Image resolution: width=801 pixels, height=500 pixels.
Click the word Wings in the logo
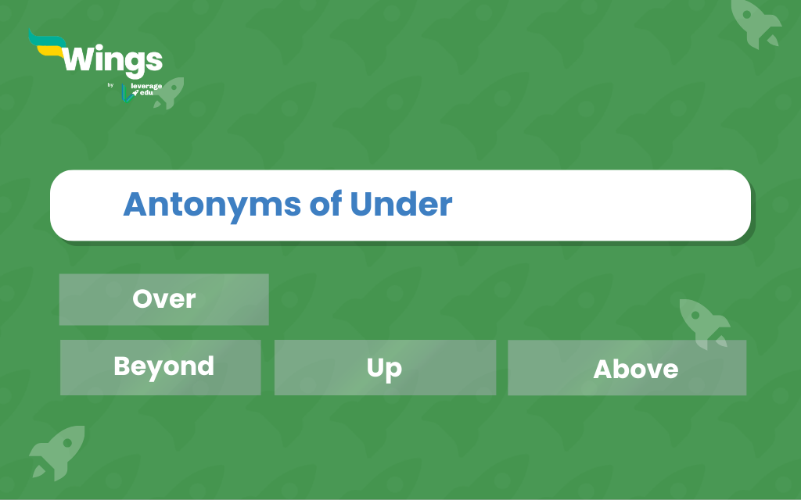[x=113, y=61]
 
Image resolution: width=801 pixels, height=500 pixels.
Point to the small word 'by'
[x=110, y=85]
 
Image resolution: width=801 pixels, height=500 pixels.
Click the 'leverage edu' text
[x=146, y=89]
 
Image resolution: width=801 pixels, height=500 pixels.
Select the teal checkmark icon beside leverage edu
[x=127, y=94]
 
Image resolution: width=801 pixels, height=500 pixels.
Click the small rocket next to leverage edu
[x=170, y=93]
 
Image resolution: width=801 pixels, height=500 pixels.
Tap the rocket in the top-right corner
[x=755, y=23]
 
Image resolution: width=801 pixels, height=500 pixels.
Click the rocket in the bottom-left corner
[x=57, y=452]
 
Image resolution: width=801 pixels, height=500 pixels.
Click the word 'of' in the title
[x=325, y=204]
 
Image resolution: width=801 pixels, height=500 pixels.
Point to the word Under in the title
[x=401, y=204]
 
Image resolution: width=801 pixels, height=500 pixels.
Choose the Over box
[x=164, y=299]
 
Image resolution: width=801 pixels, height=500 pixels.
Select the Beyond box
[x=160, y=367]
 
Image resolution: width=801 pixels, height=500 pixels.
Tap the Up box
[x=385, y=367]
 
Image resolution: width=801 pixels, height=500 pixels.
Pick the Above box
[x=627, y=368]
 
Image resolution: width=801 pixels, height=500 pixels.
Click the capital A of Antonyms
[x=135, y=204]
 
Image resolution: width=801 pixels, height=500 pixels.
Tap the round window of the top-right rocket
[x=746, y=14]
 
